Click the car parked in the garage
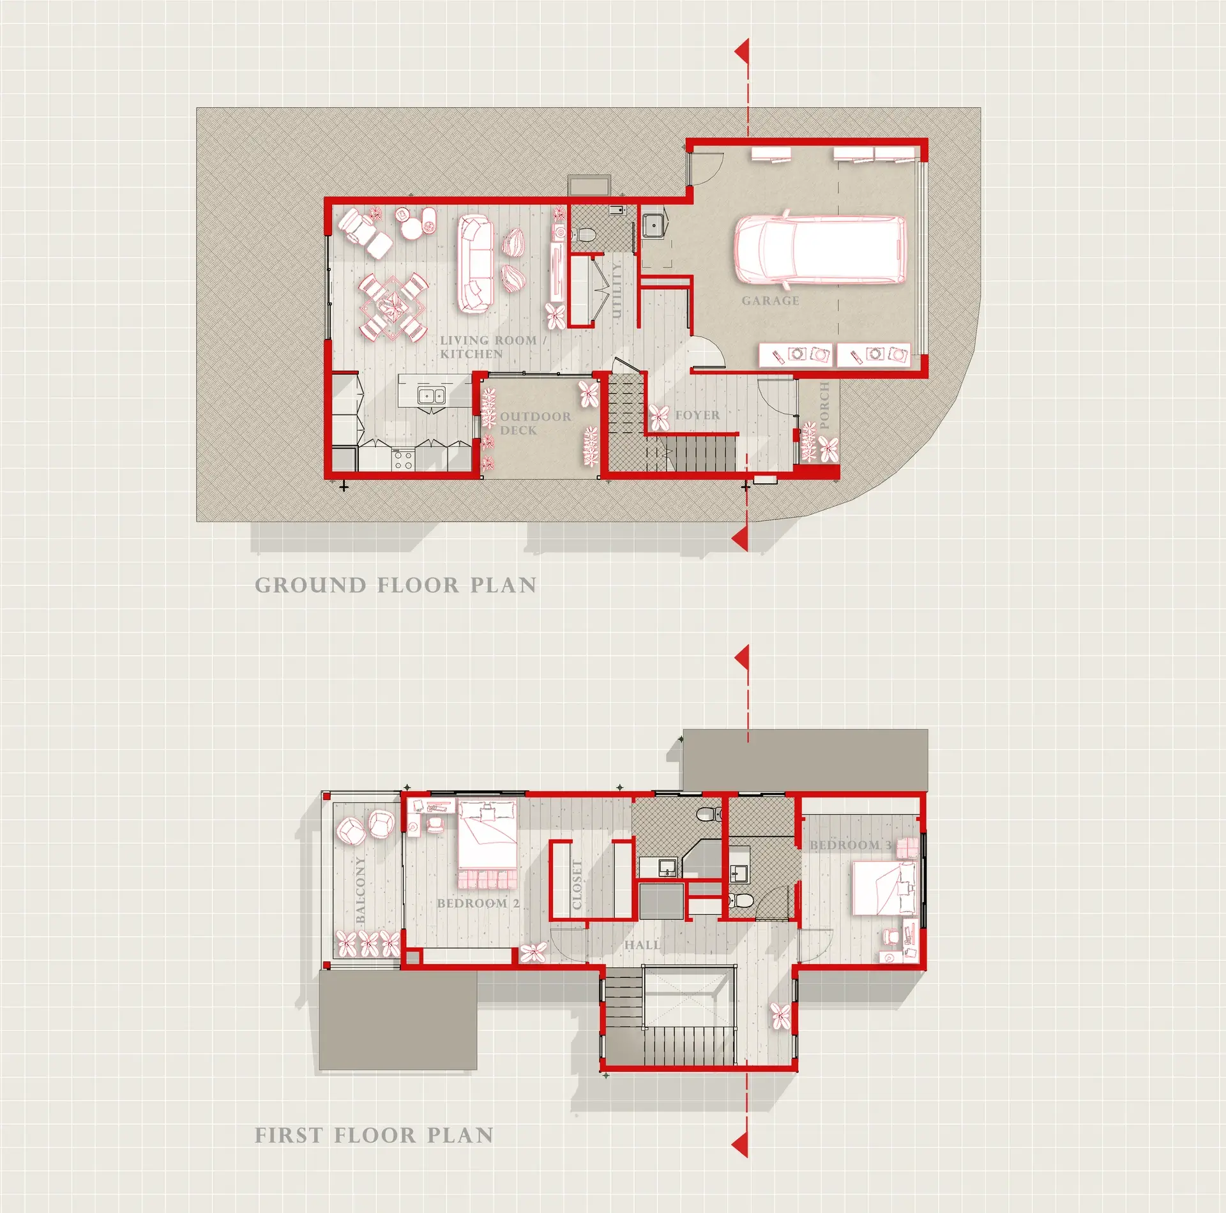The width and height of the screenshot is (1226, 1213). tap(820, 248)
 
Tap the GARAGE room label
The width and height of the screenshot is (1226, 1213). tap(770, 301)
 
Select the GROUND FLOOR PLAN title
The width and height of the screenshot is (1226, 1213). tap(395, 585)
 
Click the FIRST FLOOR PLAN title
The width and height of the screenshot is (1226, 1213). tap(374, 1134)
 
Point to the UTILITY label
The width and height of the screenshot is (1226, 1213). tap(616, 290)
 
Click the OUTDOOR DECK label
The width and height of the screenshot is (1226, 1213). tap(535, 423)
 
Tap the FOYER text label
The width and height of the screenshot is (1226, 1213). tap(697, 415)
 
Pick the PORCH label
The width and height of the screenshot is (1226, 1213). tap(824, 405)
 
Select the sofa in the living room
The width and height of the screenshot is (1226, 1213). tap(475, 264)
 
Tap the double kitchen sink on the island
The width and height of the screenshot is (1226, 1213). tap(431, 396)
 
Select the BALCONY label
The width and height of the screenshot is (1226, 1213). tap(360, 889)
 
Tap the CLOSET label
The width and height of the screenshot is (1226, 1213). tap(577, 884)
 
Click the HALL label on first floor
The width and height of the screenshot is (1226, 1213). tap(642, 945)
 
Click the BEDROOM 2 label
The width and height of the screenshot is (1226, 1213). tap(478, 903)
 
